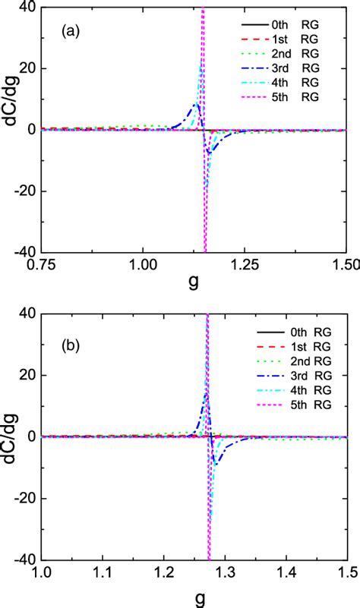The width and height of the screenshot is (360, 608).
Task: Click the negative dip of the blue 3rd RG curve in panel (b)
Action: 216,464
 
